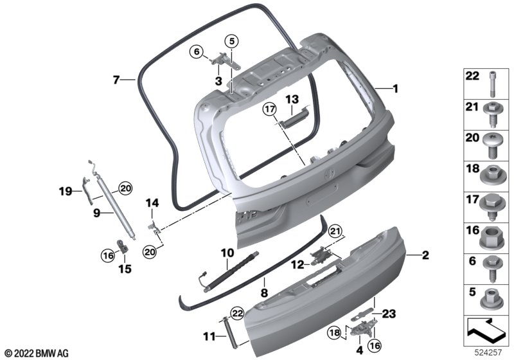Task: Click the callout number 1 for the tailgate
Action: (395, 89)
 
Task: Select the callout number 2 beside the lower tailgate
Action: (425, 255)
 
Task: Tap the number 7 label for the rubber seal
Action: (116, 80)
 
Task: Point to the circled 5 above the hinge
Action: (231, 41)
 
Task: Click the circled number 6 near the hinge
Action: (197, 52)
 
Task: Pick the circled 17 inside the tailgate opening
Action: (269, 109)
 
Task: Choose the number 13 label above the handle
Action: (292, 99)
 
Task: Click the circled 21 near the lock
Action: (335, 232)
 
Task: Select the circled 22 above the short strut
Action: (237, 314)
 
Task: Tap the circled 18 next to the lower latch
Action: (334, 333)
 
